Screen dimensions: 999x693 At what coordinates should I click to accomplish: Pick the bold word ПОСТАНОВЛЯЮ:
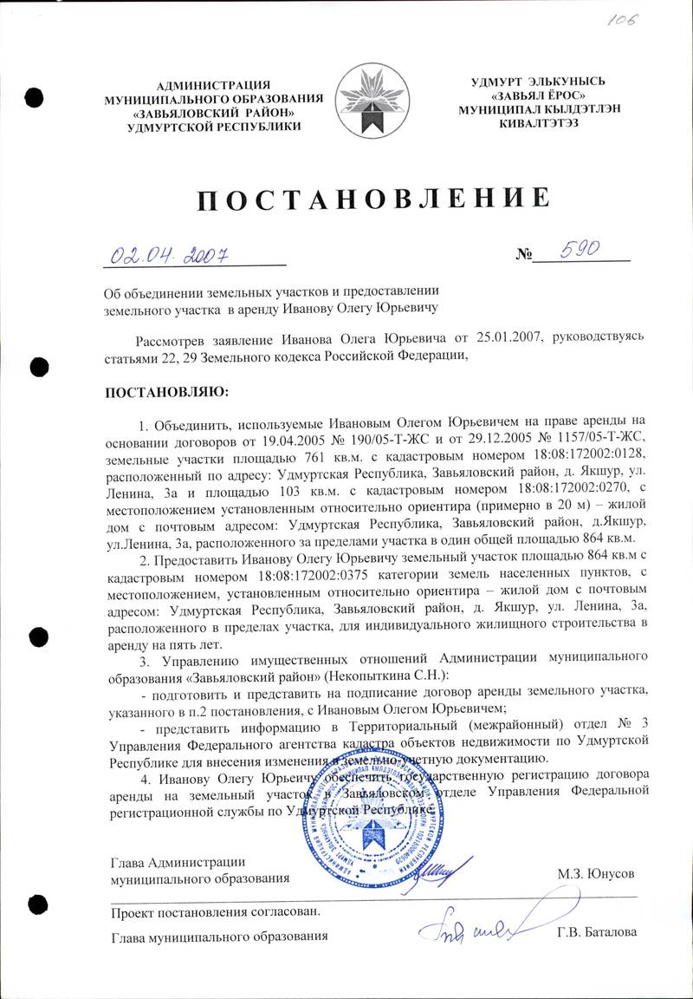(x=163, y=392)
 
